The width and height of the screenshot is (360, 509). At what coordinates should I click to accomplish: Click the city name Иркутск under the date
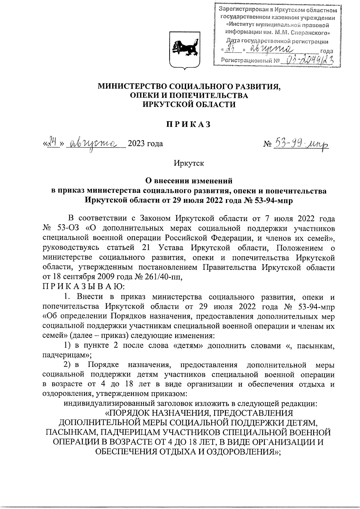(189, 163)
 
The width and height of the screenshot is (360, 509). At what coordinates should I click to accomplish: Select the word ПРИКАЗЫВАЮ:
(82, 287)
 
